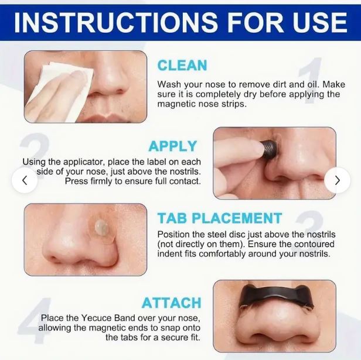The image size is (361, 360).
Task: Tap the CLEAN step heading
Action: click(x=182, y=65)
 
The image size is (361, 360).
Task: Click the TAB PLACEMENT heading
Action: click(x=220, y=218)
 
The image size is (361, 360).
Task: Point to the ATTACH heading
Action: click(x=172, y=303)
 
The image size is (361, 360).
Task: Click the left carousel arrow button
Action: click(x=24, y=180)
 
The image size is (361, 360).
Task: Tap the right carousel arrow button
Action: click(x=337, y=180)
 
